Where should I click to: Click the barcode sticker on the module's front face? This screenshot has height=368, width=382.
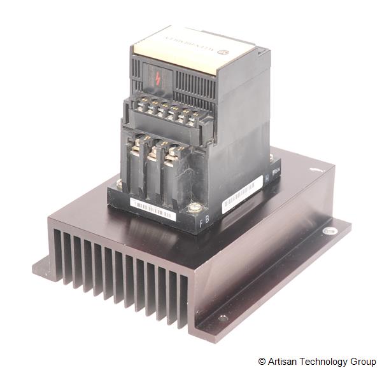pyautogui.click(x=152, y=208)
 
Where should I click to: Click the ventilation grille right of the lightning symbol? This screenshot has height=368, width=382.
pyautogui.click(x=189, y=83)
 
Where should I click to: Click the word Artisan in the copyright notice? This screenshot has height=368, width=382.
pyautogui.click(x=284, y=361)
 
